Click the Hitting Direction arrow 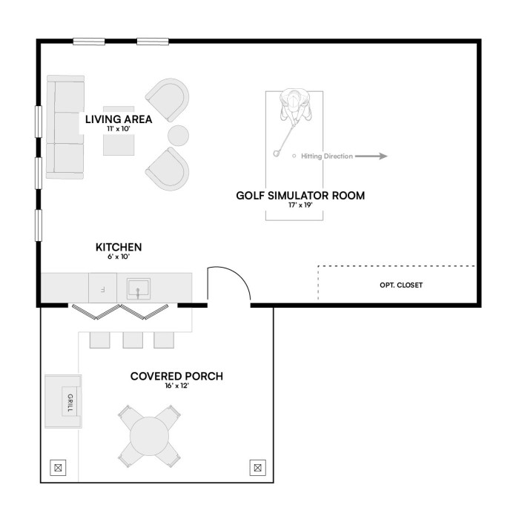[x=371, y=156]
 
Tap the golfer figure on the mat [x=295, y=106]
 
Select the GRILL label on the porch [x=70, y=403]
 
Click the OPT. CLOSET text [x=401, y=285]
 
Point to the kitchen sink [x=139, y=288]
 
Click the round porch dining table [x=149, y=436]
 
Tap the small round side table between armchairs [x=178, y=136]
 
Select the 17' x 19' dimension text [x=300, y=205]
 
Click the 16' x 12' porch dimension [x=176, y=386]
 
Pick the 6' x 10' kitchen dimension [x=118, y=257]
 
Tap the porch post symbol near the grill [x=58, y=468]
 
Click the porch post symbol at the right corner [x=257, y=468]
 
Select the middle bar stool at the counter [x=133, y=340]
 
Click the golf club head [x=276, y=153]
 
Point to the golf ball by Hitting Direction [x=294, y=156]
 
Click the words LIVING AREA [x=119, y=119]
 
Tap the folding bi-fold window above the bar [x=120, y=312]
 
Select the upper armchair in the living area [x=168, y=99]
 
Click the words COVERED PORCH [x=176, y=377]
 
